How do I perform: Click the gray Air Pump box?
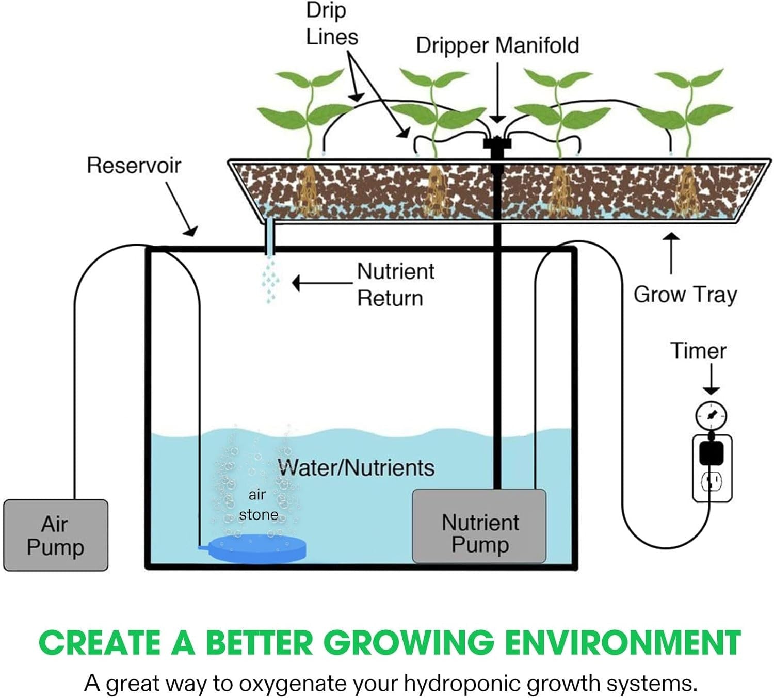click(x=56, y=535)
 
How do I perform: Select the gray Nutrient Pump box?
click(x=479, y=526)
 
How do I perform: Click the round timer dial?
click(x=711, y=414)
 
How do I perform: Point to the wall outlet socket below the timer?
click(x=712, y=482)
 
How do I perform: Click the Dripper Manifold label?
click(x=497, y=45)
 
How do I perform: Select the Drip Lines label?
click(x=332, y=24)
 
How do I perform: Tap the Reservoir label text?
click(x=134, y=165)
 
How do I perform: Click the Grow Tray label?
click(x=685, y=295)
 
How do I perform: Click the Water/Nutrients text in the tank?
click(x=356, y=467)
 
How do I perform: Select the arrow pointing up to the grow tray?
click(x=671, y=253)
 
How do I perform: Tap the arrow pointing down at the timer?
click(x=711, y=379)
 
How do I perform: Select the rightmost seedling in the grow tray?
click(x=686, y=111)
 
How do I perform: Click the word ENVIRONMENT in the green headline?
click(x=623, y=643)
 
